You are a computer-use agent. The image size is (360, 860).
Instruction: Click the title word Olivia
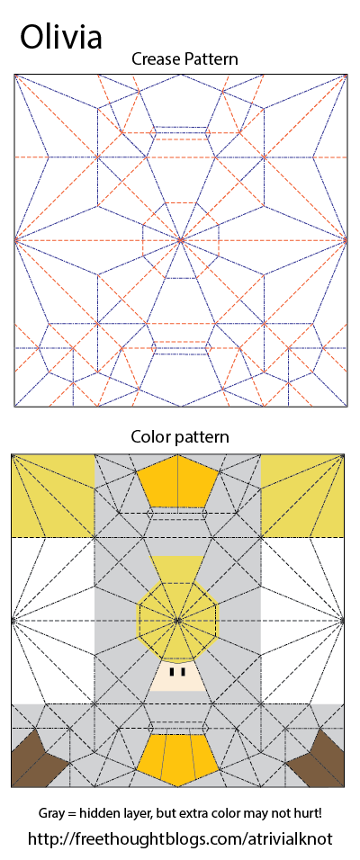(x=61, y=36)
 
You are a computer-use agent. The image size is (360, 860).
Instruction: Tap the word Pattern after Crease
(x=211, y=59)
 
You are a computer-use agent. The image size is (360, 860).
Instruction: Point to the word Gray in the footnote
(x=49, y=813)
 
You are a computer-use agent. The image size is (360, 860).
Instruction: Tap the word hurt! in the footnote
(x=307, y=813)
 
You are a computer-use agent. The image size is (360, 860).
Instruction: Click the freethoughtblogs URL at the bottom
(x=180, y=838)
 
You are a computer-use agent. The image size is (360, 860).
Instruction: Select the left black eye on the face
(x=172, y=671)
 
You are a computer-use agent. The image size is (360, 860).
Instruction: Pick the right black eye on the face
(x=183, y=671)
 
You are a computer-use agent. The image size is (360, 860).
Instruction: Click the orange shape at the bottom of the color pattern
(x=177, y=757)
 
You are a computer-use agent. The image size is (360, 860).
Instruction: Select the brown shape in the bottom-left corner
(x=37, y=759)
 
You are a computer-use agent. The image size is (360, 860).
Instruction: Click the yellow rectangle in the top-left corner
(x=53, y=497)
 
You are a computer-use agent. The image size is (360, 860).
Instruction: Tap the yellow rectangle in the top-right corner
(x=302, y=497)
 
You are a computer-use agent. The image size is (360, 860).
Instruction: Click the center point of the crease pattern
(x=181, y=239)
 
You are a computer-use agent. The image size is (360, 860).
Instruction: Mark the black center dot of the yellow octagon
(x=177, y=621)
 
